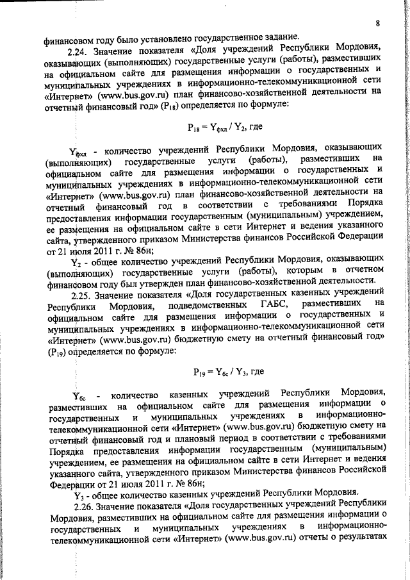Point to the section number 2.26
pyautogui.click(x=83, y=506)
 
